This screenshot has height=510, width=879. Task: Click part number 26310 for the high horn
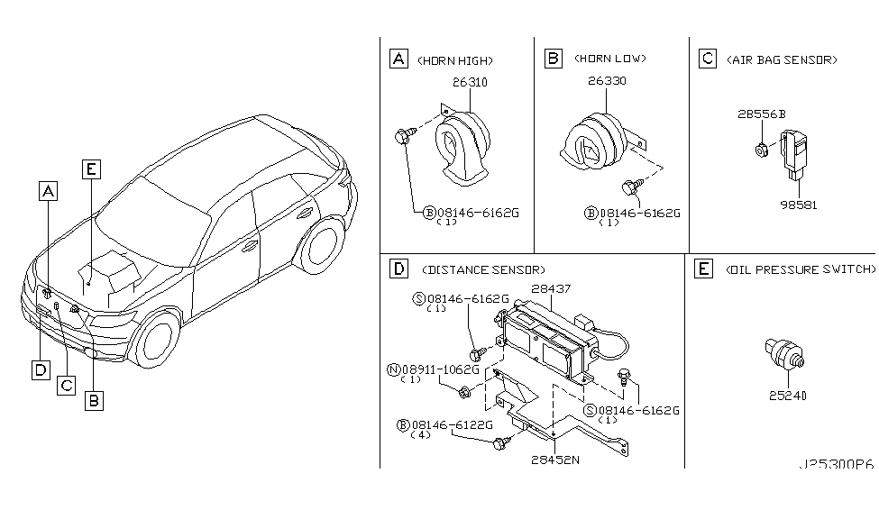(469, 82)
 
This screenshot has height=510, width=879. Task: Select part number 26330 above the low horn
(607, 81)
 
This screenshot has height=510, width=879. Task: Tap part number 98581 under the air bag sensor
(800, 205)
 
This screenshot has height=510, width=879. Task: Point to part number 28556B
(763, 114)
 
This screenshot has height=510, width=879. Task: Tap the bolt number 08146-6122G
(449, 424)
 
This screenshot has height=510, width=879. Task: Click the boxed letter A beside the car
(47, 190)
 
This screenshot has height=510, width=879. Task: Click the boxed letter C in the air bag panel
(708, 59)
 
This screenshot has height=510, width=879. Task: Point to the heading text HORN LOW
(610, 59)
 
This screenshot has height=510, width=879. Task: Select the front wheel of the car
(156, 343)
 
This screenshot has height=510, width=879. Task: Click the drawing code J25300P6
(835, 465)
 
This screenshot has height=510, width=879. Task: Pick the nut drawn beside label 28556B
(762, 149)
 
